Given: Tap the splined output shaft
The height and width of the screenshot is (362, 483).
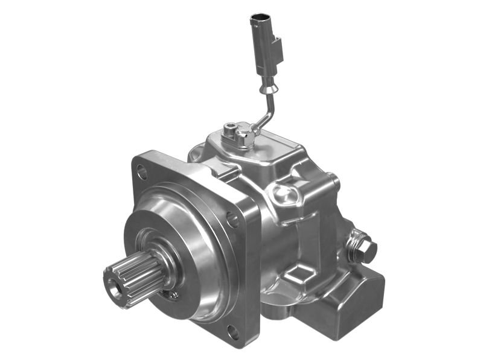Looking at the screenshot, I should click(134, 279).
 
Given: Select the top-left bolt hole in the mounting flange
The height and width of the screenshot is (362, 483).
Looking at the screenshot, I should click(142, 173).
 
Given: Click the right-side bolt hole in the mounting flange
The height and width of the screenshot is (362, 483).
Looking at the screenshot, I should click(232, 220).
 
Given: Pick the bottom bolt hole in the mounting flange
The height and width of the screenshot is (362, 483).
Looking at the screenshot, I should click(232, 330).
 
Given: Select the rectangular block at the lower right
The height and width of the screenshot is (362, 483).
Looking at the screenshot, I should click(356, 296).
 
